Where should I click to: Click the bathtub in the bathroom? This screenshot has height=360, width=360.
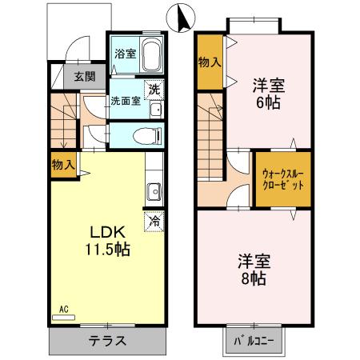click(151, 54)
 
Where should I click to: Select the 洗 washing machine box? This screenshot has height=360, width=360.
click(154, 89)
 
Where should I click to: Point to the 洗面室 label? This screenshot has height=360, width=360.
click(126, 102)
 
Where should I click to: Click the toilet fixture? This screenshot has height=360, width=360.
click(146, 134)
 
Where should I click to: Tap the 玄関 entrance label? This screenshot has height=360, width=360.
click(85, 77)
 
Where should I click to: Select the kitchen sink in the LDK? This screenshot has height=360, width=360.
click(153, 193)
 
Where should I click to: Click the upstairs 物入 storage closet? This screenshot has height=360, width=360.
click(210, 61)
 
